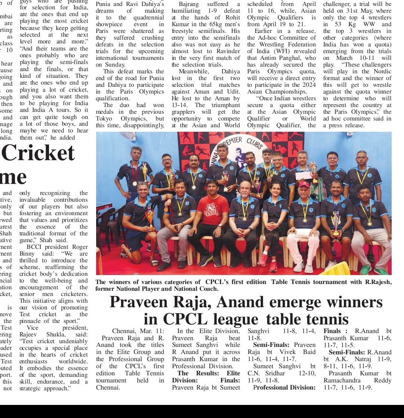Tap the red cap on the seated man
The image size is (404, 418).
click(x=304, y=184)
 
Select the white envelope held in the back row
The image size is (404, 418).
click(x=303, y=176)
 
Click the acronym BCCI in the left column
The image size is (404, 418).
click(x=35, y=247)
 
